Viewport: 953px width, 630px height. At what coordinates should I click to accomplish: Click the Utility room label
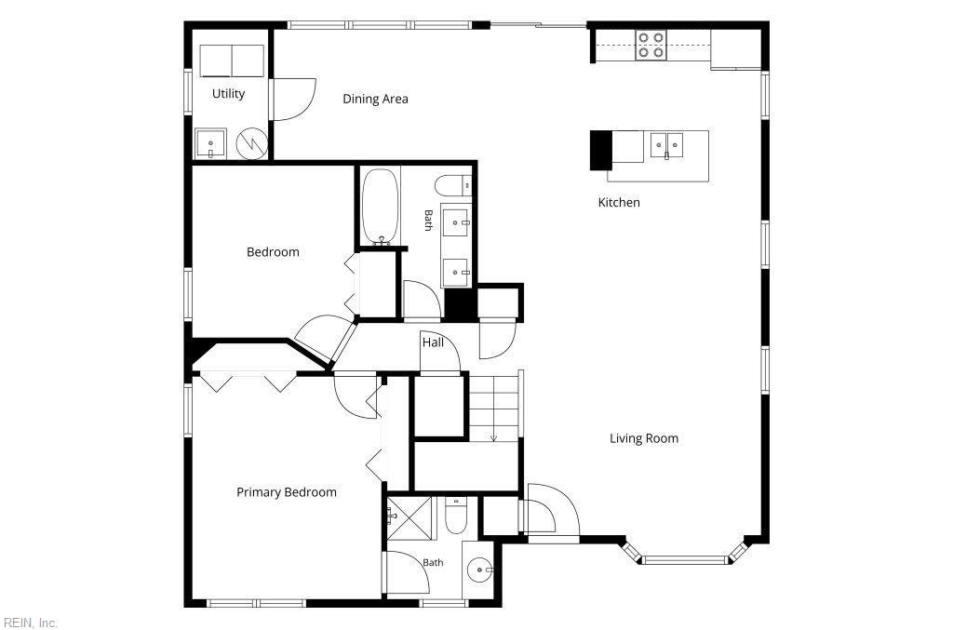click(x=229, y=94)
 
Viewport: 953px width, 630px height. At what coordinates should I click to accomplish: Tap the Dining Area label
click(x=375, y=99)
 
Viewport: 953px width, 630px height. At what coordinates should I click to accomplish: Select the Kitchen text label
click(x=619, y=202)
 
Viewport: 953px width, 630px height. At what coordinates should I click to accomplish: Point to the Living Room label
click(x=644, y=438)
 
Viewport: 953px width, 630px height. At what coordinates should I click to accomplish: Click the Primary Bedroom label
click(x=287, y=492)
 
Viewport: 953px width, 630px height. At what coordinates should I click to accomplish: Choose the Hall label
click(x=433, y=342)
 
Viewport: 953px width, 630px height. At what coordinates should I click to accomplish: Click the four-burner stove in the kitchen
click(x=651, y=46)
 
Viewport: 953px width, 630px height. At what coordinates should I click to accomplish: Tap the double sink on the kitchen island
click(x=666, y=146)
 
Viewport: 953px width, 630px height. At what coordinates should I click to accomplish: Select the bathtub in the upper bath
click(x=381, y=206)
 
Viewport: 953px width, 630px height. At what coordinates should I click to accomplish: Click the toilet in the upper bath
click(x=453, y=185)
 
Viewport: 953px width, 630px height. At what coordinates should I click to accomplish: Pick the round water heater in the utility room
click(x=251, y=143)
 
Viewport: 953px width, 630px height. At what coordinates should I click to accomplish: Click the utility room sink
click(x=210, y=144)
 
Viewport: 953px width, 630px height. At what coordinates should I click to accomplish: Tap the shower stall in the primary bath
click(x=409, y=518)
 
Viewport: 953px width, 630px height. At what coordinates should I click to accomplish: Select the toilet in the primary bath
click(x=455, y=516)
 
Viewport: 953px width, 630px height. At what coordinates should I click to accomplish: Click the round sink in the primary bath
click(x=479, y=570)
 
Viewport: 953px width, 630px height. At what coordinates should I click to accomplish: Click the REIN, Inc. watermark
click(x=31, y=623)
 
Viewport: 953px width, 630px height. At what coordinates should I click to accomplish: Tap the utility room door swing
click(x=295, y=99)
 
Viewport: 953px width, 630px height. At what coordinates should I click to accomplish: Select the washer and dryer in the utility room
click(x=232, y=60)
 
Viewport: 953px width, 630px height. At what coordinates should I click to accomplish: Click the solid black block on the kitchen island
click(x=601, y=151)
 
